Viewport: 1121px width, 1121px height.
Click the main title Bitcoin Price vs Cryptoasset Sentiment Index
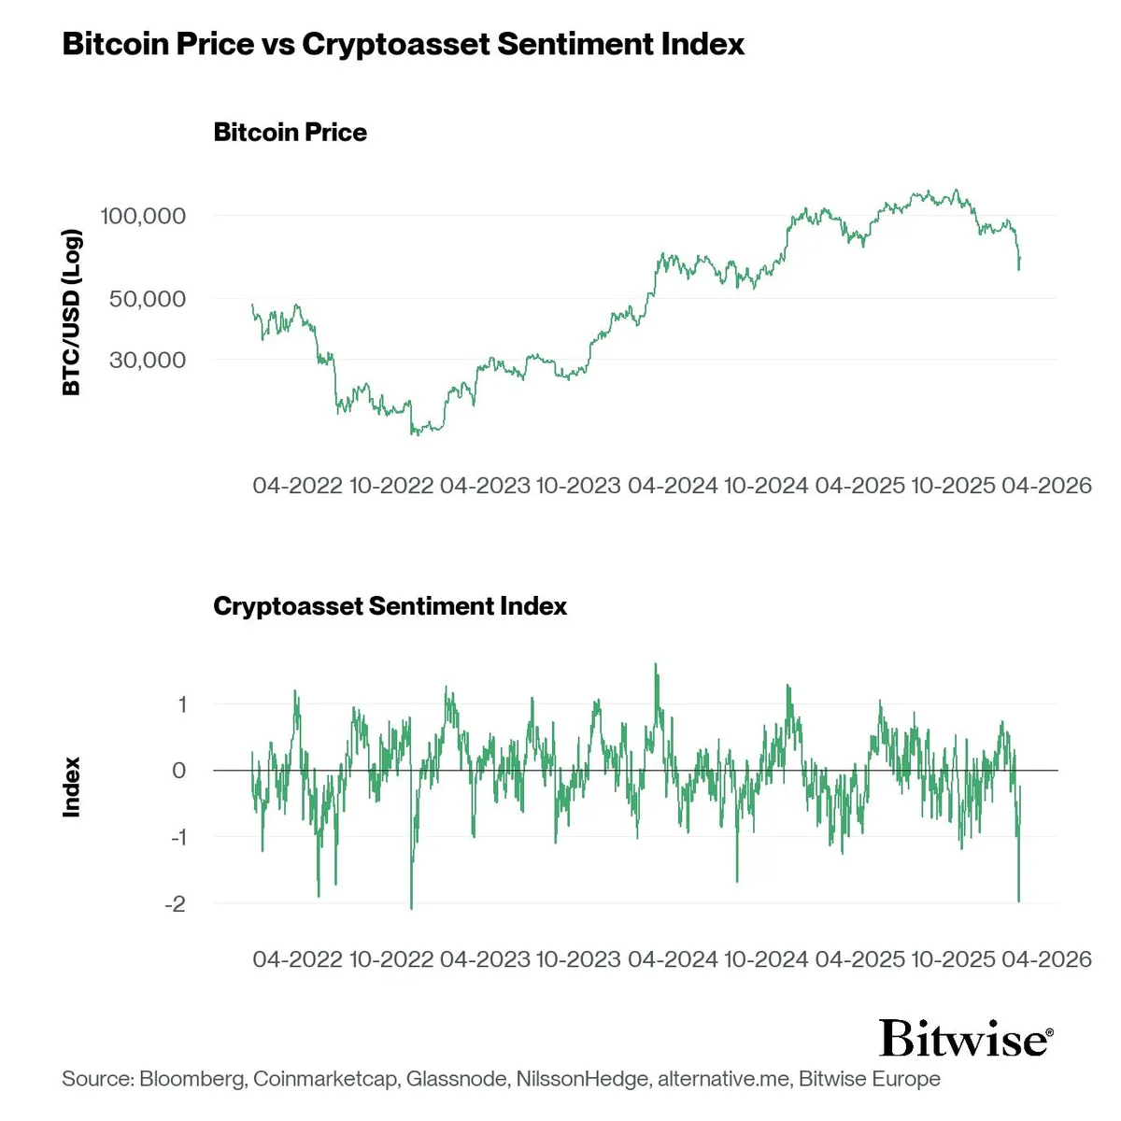(403, 44)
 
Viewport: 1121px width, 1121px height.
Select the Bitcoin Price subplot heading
(290, 133)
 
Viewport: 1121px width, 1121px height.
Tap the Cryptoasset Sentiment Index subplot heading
(390, 606)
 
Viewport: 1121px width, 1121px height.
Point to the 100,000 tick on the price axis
(143, 216)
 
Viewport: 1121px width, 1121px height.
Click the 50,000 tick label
(148, 299)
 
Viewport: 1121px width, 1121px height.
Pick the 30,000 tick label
(148, 360)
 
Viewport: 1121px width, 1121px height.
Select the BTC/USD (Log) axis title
(72, 311)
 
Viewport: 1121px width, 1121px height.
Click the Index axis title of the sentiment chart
(72, 788)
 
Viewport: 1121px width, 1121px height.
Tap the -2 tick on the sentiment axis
(175, 904)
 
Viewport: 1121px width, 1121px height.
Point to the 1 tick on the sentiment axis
(182, 704)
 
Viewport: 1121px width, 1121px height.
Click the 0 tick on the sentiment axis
(179, 771)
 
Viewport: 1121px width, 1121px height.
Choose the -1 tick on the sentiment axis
(177, 837)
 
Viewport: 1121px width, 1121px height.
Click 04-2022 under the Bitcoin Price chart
(297, 486)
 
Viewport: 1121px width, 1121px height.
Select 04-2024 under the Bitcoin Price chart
(673, 486)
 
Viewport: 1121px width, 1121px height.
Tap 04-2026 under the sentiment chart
(1046, 959)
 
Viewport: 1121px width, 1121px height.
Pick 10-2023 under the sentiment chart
(577, 959)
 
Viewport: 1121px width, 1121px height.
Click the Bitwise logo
(966, 1039)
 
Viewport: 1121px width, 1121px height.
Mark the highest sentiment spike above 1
(655, 664)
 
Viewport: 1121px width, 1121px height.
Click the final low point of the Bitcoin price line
(1018, 270)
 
